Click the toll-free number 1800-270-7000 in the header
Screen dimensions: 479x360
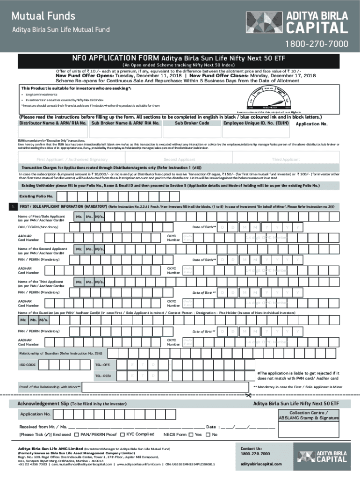(314, 44)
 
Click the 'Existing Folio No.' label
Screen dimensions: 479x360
(36, 196)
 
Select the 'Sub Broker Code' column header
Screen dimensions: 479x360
(192, 123)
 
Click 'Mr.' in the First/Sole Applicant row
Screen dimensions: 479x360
(79, 217)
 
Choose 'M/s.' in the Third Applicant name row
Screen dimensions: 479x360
(99, 282)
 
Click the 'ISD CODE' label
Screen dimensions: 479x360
(27, 364)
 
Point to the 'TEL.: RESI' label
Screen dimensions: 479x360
(103, 376)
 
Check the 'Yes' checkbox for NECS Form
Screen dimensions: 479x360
(191, 435)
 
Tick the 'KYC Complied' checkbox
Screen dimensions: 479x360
(123, 435)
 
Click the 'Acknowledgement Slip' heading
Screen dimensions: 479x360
(43, 403)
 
